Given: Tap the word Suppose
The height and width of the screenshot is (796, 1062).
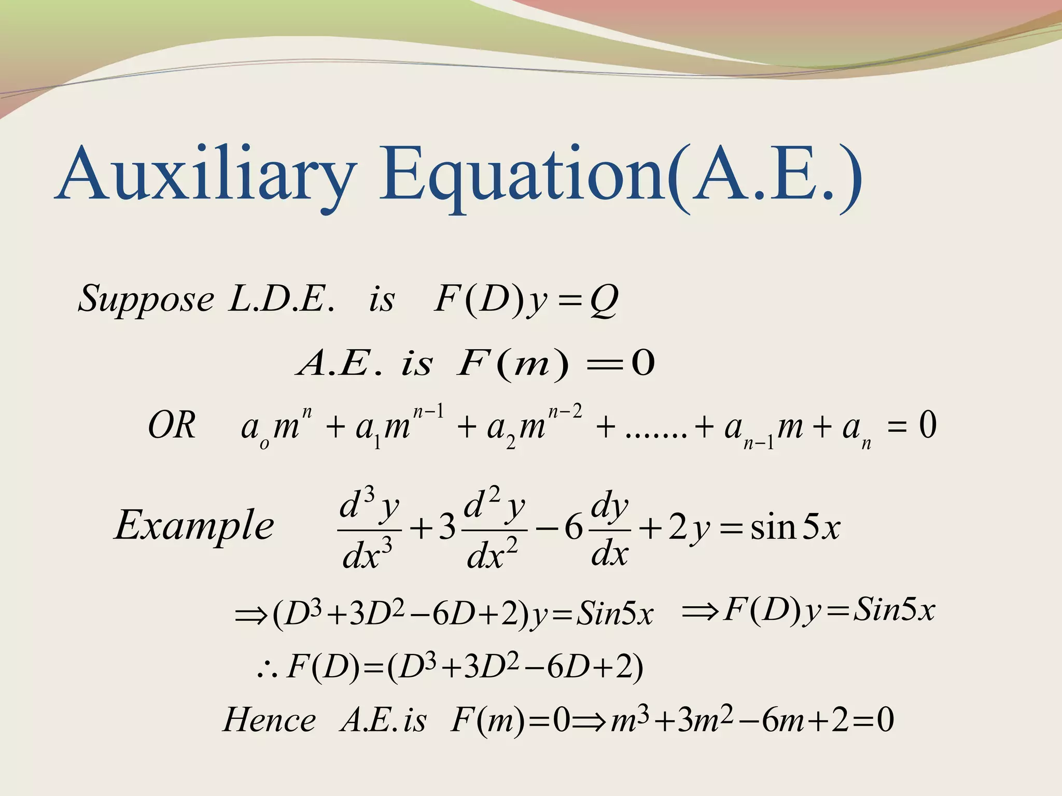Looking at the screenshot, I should [146, 300].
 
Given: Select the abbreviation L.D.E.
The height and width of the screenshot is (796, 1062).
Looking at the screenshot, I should [281, 300].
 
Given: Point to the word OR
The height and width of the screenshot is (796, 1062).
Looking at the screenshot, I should [172, 426].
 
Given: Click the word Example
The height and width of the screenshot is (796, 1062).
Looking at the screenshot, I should [194, 525].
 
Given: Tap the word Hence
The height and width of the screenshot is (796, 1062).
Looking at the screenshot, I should [269, 720].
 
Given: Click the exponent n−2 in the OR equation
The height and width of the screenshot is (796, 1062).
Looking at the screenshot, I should [565, 411].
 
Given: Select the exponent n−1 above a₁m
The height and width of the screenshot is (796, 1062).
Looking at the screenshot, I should [428, 411].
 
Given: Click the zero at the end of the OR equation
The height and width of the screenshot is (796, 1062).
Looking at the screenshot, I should [928, 426].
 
